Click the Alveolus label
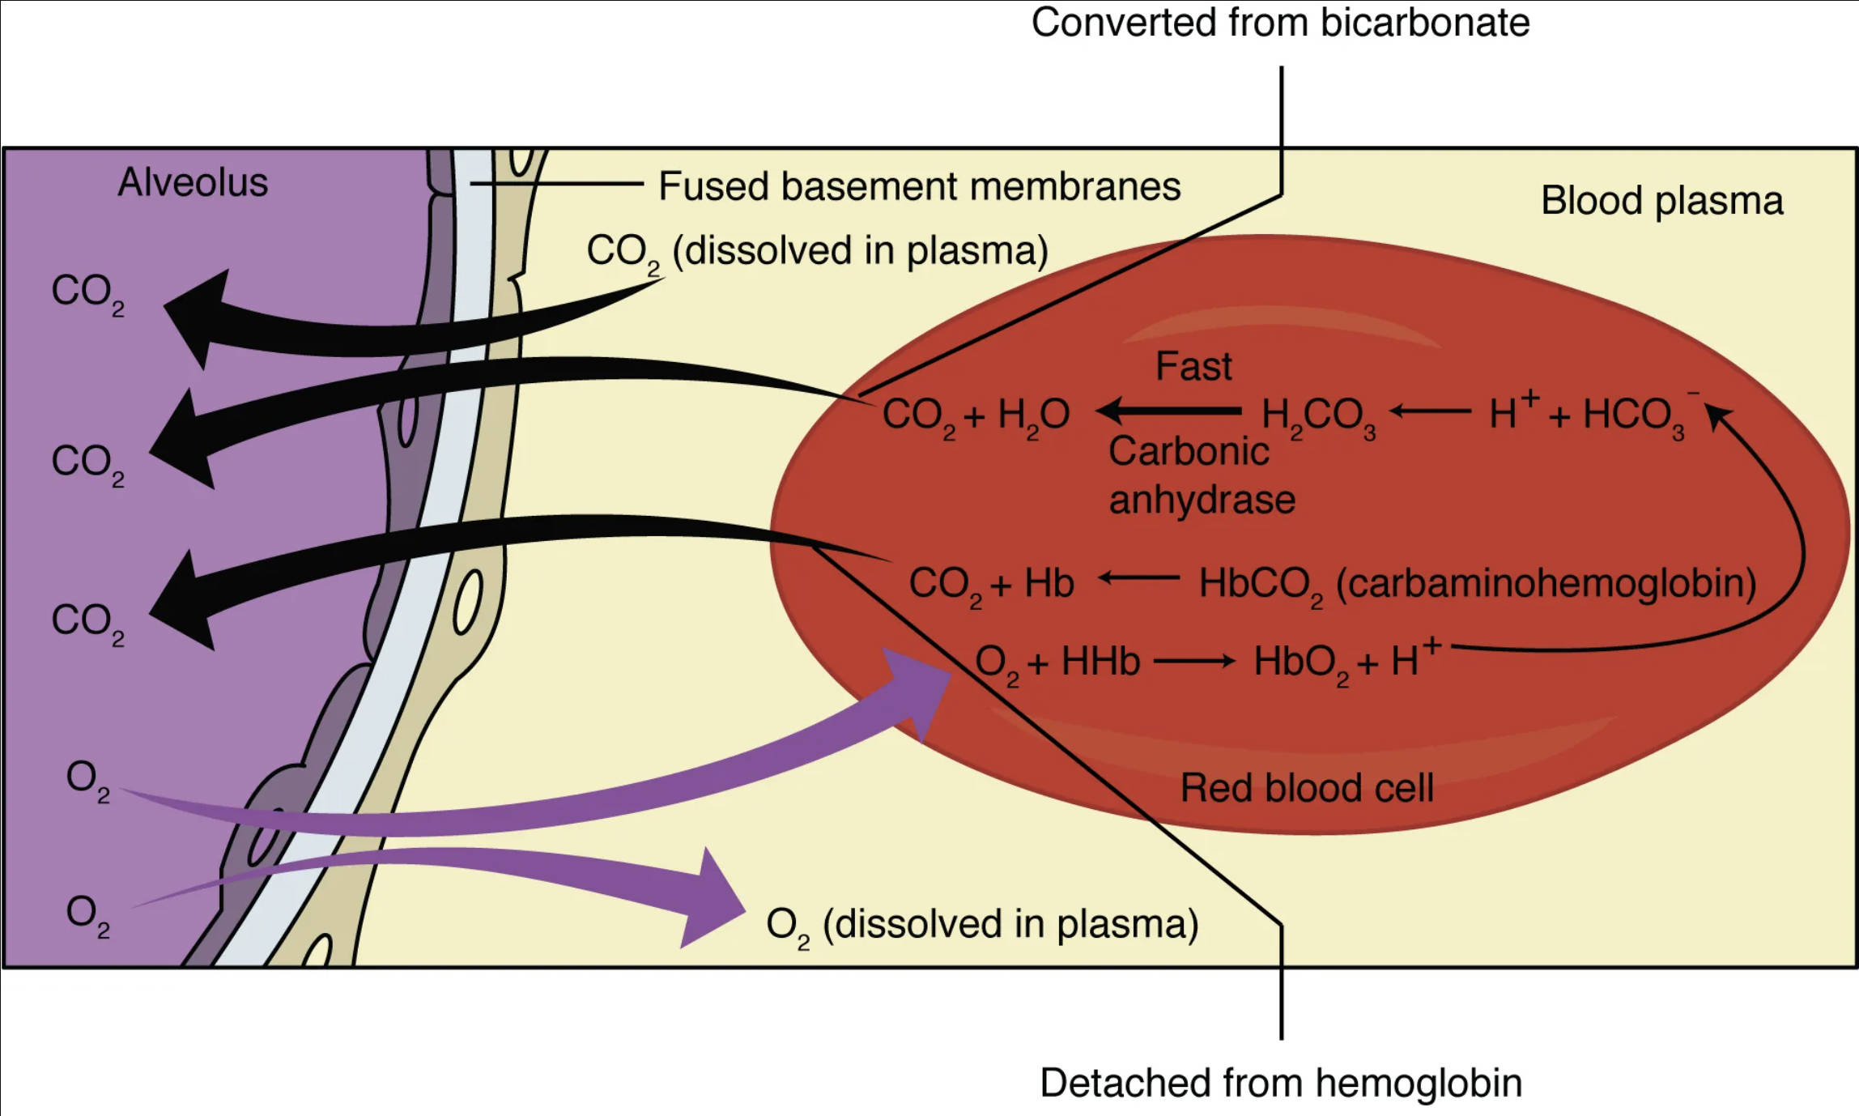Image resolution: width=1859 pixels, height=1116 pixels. click(x=193, y=183)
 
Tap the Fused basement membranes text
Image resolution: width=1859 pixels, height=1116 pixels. click(x=919, y=187)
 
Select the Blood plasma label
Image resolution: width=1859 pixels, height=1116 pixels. click(x=1661, y=201)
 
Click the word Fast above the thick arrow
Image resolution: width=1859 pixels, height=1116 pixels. click(x=1193, y=367)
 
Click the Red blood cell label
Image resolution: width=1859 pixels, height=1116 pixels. click(x=1307, y=788)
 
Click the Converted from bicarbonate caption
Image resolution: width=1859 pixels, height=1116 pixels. click(x=1280, y=23)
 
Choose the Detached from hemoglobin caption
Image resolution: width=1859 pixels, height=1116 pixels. click(x=1280, y=1083)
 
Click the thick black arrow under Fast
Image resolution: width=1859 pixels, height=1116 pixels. click(x=1169, y=411)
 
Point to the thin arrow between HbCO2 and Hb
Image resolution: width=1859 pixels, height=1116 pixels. click(x=1138, y=578)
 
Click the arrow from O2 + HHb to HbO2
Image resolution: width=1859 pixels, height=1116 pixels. click(x=1193, y=662)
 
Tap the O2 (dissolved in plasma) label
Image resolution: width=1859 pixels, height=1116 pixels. click(x=981, y=925)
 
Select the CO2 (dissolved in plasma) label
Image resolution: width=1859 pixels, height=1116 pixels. click(x=816, y=252)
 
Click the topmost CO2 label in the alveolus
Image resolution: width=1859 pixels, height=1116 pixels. click(x=87, y=292)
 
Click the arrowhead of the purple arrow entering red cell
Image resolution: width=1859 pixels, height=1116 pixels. click(x=919, y=690)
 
